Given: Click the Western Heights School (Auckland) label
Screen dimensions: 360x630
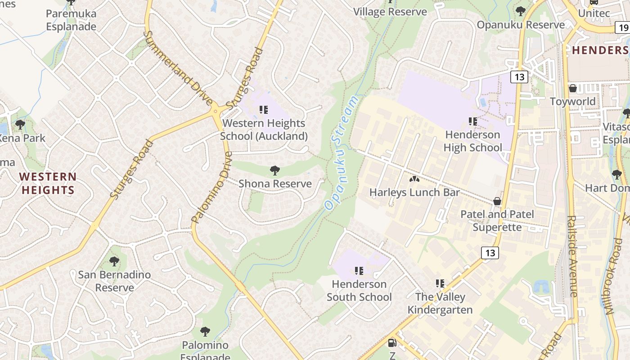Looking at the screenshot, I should (x=264, y=130).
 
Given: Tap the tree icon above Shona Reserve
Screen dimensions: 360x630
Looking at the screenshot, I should (x=274, y=171).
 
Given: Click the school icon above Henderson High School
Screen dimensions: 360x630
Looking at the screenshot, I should (x=472, y=121).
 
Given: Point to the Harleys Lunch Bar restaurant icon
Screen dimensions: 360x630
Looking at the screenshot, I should (x=414, y=179).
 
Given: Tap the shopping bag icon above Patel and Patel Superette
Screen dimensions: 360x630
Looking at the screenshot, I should (x=497, y=201).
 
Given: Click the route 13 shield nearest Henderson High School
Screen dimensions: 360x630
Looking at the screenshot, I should (x=519, y=77).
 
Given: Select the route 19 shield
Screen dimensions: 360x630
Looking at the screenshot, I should (x=623, y=28).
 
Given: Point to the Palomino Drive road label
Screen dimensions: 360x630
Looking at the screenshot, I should (x=212, y=187).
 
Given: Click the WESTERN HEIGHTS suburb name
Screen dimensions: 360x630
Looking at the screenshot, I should (x=48, y=183).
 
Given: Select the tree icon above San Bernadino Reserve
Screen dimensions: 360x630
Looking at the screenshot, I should (x=114, y=261).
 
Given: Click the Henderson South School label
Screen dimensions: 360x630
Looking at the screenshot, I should (x=359, y=291).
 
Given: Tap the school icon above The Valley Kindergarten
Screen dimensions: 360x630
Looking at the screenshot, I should (x=440, y=283).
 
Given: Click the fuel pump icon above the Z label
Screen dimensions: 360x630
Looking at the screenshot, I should (x=392, y=343).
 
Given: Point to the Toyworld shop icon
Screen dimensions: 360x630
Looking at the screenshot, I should (x=573, y=88).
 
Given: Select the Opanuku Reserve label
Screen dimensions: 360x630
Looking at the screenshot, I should (x=521, y=25).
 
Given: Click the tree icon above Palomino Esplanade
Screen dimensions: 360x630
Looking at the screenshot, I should (x=205, y=332).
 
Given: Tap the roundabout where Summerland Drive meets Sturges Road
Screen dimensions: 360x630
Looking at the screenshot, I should (x=216, y=110).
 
